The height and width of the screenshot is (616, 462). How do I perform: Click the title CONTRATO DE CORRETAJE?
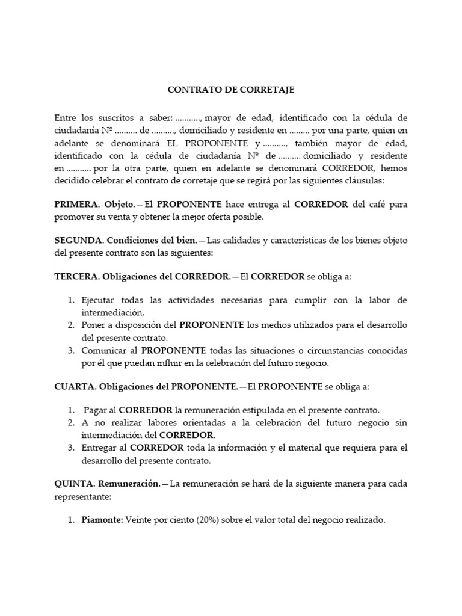click(x=230, y=90)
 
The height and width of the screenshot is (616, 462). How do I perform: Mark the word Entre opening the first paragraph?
click(x=66, y=117)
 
